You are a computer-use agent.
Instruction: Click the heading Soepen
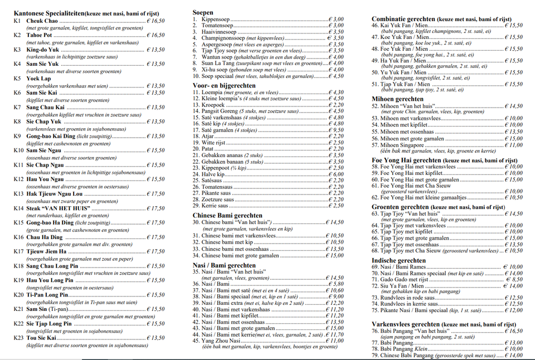(203, 12)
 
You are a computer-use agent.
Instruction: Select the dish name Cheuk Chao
(42, 21)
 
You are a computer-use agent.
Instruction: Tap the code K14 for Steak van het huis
(18, 208)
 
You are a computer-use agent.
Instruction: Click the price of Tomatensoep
(335, 26)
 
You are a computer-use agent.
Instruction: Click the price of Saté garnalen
(335, 130)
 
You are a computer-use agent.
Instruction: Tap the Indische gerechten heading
(398, 260)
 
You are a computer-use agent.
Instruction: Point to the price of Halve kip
(335, 174)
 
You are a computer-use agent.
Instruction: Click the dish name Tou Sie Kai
(41, 338)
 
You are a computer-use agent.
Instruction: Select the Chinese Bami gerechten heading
(227, 215)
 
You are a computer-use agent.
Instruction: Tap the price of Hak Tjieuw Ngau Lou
(155, 194)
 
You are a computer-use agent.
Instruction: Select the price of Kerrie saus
(335, 206)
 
